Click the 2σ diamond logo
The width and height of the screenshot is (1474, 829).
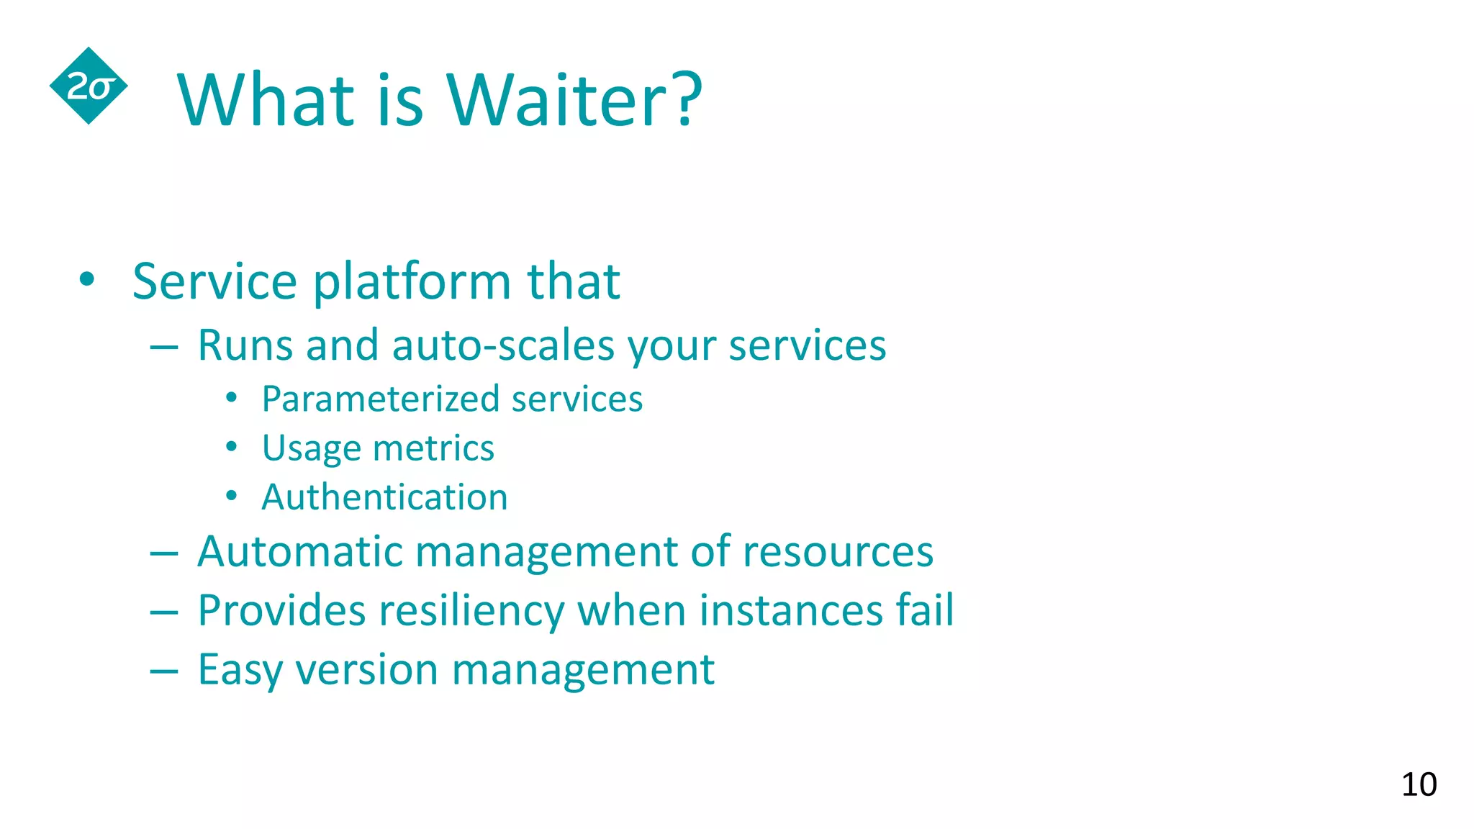click(x=89, y=86)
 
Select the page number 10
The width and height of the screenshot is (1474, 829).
click(x=1419, y=784)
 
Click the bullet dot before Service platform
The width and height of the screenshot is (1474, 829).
click(x=87, y=280)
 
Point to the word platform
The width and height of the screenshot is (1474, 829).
click(x=412, y=282)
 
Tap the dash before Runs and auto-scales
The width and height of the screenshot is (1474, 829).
click(x=164, y=348)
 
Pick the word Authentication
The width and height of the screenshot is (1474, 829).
click(x=384, y=497)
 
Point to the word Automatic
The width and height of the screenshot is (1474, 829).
click(x=299, y=551)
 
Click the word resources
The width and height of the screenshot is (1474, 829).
click(x=838, y=553)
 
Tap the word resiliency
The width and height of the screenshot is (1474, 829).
click(x=471, y=612)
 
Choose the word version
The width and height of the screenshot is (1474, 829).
click(x=366, y=671)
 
